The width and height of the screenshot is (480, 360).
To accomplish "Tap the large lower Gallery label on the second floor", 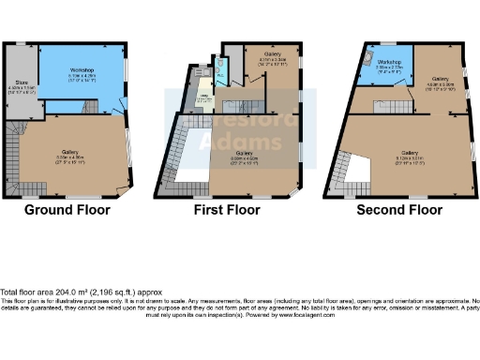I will click(x=409, y=152).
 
